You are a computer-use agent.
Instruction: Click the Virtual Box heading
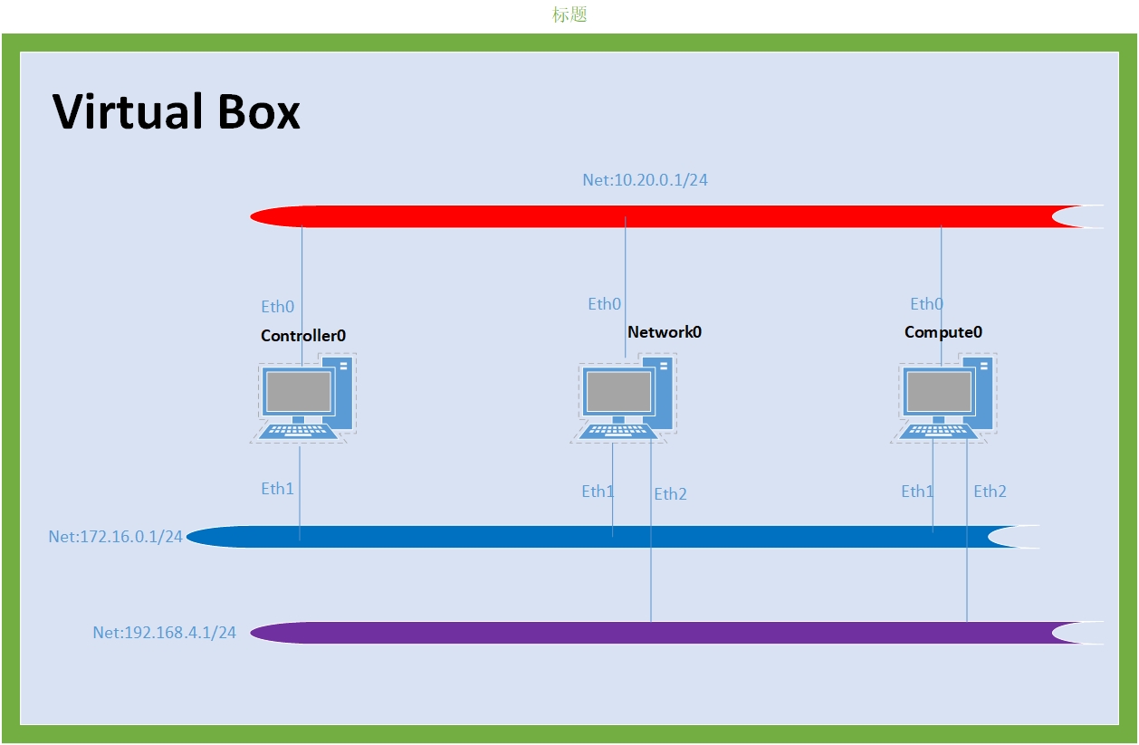click(x=177, y=112)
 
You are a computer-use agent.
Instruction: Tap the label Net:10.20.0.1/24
click(x=645, y=180)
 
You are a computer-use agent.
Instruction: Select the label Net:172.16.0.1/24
click(x=116, y=537)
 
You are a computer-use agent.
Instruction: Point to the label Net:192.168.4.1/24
click(x=164, y=633)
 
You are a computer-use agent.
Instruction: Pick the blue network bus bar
click(x=598, y=537)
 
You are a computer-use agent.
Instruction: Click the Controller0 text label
click(x=303, y=336)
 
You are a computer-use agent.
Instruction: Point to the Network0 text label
click(x=665, y=332)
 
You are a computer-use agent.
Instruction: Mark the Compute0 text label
click(x=943, y=332)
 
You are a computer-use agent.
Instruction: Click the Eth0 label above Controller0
click(x=278, y=307)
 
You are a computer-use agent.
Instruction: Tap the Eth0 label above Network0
click(x=605, y=304)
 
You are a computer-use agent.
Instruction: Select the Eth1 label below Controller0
click(x=278, y=489)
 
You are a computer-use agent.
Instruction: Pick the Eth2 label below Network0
click(x=671, y=493)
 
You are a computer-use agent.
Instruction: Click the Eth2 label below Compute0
click(x=991, y=492)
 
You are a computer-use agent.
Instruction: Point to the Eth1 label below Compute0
click(x=917, y=492)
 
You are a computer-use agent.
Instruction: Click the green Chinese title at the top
click(x=569, y=15)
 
